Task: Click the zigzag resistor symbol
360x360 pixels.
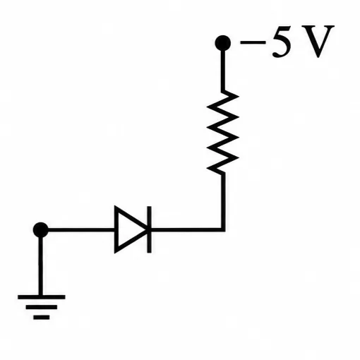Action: tap(223, 132)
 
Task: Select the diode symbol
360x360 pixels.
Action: tap(133, 229)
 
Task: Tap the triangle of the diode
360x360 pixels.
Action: tap(131, 229)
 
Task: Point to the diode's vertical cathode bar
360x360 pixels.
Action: tap(149, 229)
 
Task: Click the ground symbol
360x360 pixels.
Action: tap(42, 307)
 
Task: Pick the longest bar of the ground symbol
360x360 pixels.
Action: tap(42, 297)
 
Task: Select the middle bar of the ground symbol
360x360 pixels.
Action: tap(42, 307)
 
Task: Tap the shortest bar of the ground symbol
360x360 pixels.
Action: tap(42, 318)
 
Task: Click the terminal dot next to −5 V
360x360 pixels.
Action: tap(222, 43)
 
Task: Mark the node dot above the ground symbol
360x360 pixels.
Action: tap(41, 230)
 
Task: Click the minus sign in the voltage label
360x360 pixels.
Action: tap(253, 42)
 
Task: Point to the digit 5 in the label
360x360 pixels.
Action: tap(282, 42)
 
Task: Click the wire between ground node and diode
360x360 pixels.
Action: tap(81, 229)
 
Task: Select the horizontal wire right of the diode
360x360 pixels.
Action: tap(186, 229)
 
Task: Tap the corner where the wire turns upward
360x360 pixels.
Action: tap(223, 229)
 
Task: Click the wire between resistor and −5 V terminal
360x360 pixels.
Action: tap(223, 71)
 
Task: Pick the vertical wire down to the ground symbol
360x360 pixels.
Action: tap(41, 266)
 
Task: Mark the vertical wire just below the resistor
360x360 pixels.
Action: tap(223, 200)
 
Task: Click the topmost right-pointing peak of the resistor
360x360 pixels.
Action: tap(238, 96)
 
